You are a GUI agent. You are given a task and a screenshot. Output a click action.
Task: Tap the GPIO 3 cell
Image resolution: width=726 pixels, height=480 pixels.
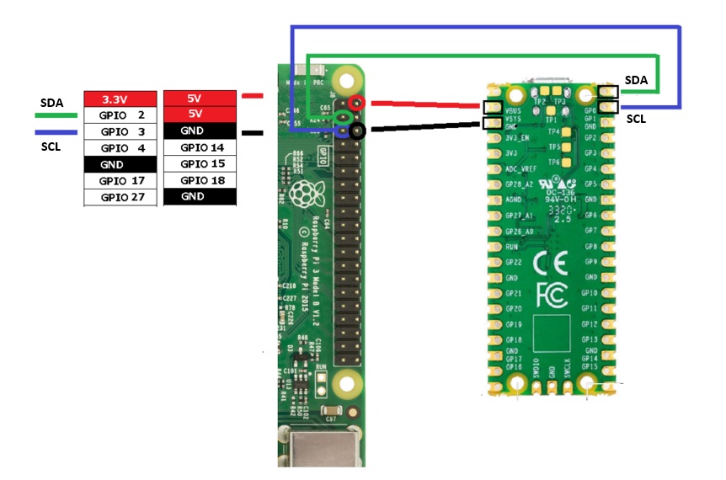[x=120, y=132]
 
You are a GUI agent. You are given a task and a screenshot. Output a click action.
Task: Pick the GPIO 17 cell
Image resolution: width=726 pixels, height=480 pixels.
[x=120, y=181]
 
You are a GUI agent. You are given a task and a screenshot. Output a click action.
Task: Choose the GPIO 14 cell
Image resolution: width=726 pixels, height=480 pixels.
[x=199, y=147]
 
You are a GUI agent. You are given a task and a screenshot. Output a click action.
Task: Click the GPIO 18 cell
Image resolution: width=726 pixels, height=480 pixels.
[x=199, y=180]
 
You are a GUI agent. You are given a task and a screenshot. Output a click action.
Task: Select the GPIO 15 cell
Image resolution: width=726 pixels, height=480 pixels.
[x=199, y=164]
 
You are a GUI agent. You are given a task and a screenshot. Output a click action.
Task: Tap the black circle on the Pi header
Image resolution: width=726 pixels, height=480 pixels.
[x=358, y=131]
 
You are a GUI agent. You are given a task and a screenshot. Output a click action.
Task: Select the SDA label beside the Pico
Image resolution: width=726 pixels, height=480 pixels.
[x=636, y=80]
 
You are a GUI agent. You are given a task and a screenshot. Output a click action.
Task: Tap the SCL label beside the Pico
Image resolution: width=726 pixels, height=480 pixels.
[x=636, y=120]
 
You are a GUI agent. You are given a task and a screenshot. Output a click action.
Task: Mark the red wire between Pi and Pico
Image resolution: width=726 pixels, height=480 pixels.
[x=425, y=105]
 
